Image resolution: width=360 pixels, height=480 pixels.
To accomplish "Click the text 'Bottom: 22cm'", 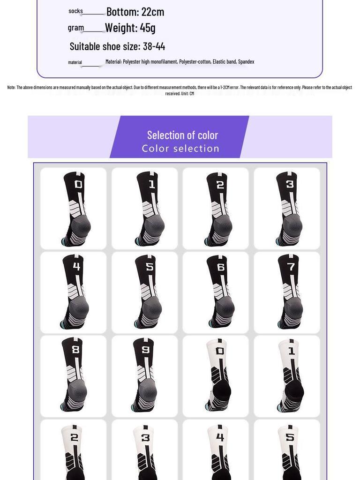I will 135,12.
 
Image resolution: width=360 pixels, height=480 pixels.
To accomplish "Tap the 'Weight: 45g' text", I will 130,28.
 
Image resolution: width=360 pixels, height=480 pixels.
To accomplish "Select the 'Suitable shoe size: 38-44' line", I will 117,46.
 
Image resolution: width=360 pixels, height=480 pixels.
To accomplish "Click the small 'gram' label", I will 75,28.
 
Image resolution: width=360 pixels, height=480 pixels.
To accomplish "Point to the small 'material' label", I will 75,62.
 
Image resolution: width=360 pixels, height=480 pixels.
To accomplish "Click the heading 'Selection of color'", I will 182,135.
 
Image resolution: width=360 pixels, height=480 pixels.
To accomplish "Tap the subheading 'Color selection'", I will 180,149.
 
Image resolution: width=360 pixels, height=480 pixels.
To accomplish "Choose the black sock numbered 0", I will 75,209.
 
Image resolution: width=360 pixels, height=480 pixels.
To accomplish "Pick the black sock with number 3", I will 288,209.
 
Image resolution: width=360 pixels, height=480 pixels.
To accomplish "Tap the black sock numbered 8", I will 74,375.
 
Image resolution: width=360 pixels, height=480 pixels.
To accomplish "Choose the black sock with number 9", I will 145,375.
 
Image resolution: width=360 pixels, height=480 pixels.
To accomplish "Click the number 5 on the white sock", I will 290,437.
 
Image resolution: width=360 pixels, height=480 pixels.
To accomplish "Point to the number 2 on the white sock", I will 74,437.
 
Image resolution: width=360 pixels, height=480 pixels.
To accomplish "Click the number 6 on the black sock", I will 220,267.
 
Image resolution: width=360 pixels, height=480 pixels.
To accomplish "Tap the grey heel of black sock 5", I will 153,307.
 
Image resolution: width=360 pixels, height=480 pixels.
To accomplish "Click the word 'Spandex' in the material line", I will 246,62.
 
